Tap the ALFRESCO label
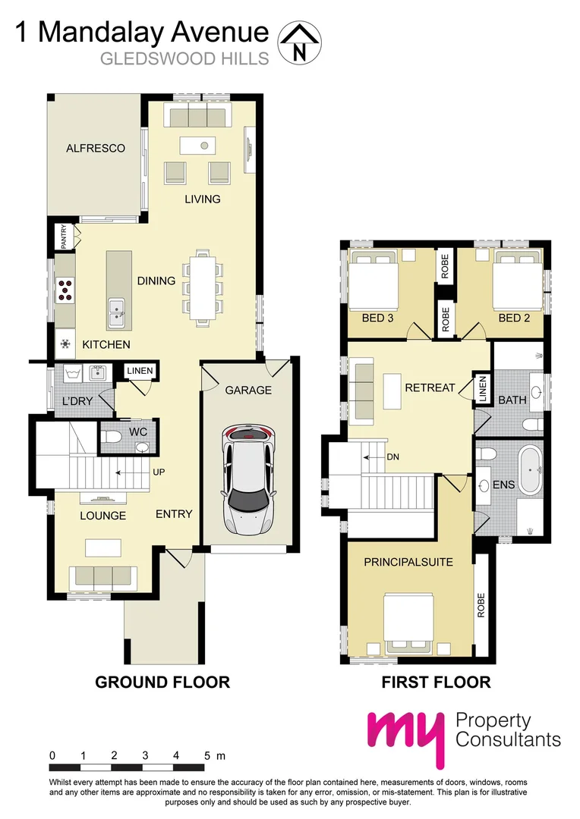tap(95, 148)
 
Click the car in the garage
tap(248, 479)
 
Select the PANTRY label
tap(65, 237)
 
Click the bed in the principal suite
tap(409, 623)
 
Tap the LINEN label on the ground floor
tap(140, 371)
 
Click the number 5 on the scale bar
tap(206, 755)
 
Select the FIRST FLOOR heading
tap(436, 682)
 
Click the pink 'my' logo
tap(404, 736)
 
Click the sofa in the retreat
tap(363, 391)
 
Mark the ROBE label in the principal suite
tap(481, 605)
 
